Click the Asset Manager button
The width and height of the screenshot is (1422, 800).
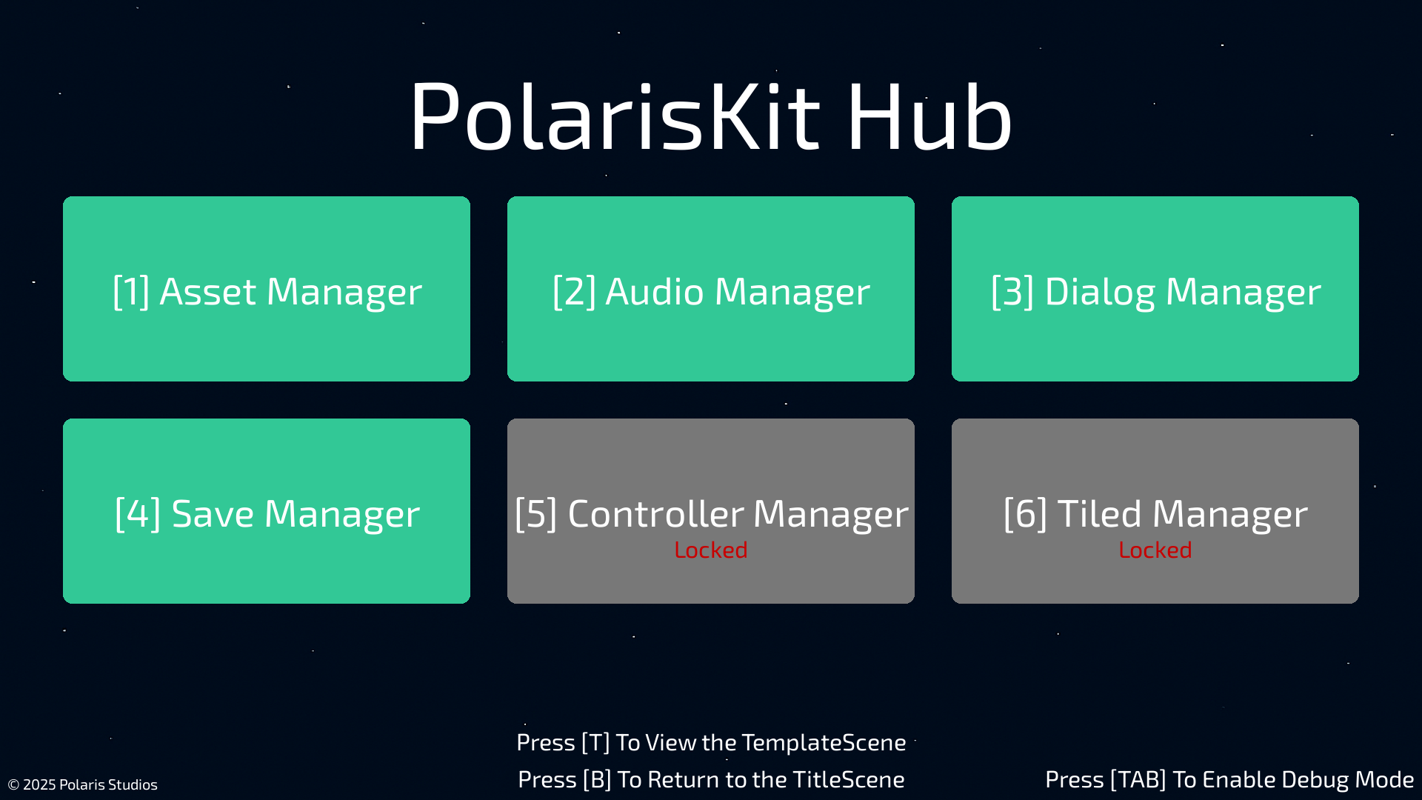click(x=267, y=289)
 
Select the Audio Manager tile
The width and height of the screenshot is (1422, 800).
click(x=711, y=289)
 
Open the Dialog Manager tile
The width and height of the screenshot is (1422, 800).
click(x=1155, y=289)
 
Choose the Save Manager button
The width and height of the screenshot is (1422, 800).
click(x=267, y=511)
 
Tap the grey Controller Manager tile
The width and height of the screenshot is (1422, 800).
click(x=711, y=511)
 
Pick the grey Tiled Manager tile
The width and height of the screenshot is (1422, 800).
click(x=1155, y=511)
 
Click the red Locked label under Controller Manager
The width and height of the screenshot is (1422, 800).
click(x=711, y=550)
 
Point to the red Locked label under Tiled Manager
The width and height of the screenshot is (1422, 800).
click(x=1155, y=550)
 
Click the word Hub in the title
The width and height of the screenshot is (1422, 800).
click(x=929, y=117)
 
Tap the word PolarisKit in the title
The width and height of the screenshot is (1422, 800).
click(x=615, y=117)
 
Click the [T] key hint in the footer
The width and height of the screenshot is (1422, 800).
click(x=595, y=742)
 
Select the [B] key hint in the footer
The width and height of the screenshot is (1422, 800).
click(x=597, y=779)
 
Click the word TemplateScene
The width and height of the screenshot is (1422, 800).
click(x=824, y=742)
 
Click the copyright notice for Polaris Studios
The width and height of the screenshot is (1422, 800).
click(x=82, y=784)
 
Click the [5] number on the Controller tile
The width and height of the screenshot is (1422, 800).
click(x=535, y=513)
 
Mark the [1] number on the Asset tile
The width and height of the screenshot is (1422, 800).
click(x=131, y=291)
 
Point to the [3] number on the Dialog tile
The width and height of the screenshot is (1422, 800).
click(x=1012, y=291)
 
